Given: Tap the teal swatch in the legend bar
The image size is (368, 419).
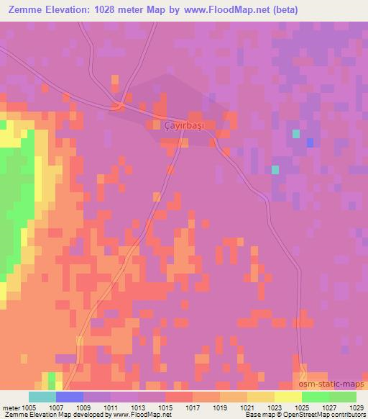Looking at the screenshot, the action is click(42, 397).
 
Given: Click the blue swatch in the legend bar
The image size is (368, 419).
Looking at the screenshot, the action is click(69, 397).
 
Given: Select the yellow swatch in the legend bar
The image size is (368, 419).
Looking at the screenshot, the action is click(287, 397).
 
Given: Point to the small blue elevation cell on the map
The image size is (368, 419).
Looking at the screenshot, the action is click(310, 143).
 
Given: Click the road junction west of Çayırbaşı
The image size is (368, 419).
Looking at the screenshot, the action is click(120, 106).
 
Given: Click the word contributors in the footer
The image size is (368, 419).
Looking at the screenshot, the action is click(344, 415).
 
